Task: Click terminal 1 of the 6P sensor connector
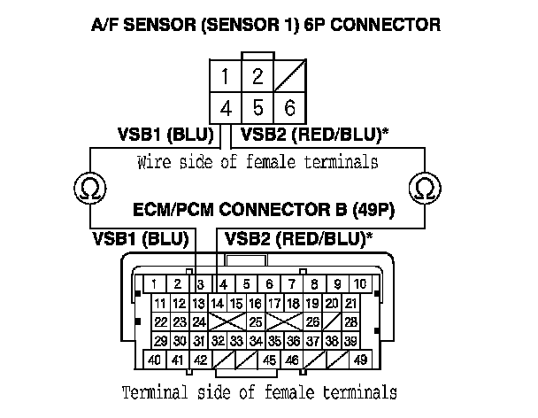[x=227, y=76]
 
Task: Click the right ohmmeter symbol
[x=425, y=189]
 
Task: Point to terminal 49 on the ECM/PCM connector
[x=360, y=361]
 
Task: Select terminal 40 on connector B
[x=155, y=361]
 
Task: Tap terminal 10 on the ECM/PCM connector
[x=360, y=284]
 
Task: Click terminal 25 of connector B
[x=255, y=321]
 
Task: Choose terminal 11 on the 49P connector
[x=161, y=304]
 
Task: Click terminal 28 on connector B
[x=351, y=321]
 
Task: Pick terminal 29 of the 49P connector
[x=161, y=341]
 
